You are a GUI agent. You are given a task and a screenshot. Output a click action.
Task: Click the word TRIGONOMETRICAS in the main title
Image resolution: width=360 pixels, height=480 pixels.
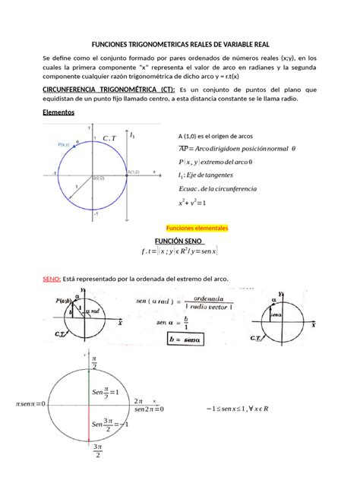coord(159,45)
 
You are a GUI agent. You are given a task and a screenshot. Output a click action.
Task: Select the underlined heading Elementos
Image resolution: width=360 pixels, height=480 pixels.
coord(58,111)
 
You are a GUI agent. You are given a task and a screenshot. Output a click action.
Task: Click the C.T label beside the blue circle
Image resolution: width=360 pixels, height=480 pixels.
coord(109,137)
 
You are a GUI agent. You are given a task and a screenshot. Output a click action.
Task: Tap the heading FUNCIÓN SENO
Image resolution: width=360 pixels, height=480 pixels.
coord(179,239)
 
